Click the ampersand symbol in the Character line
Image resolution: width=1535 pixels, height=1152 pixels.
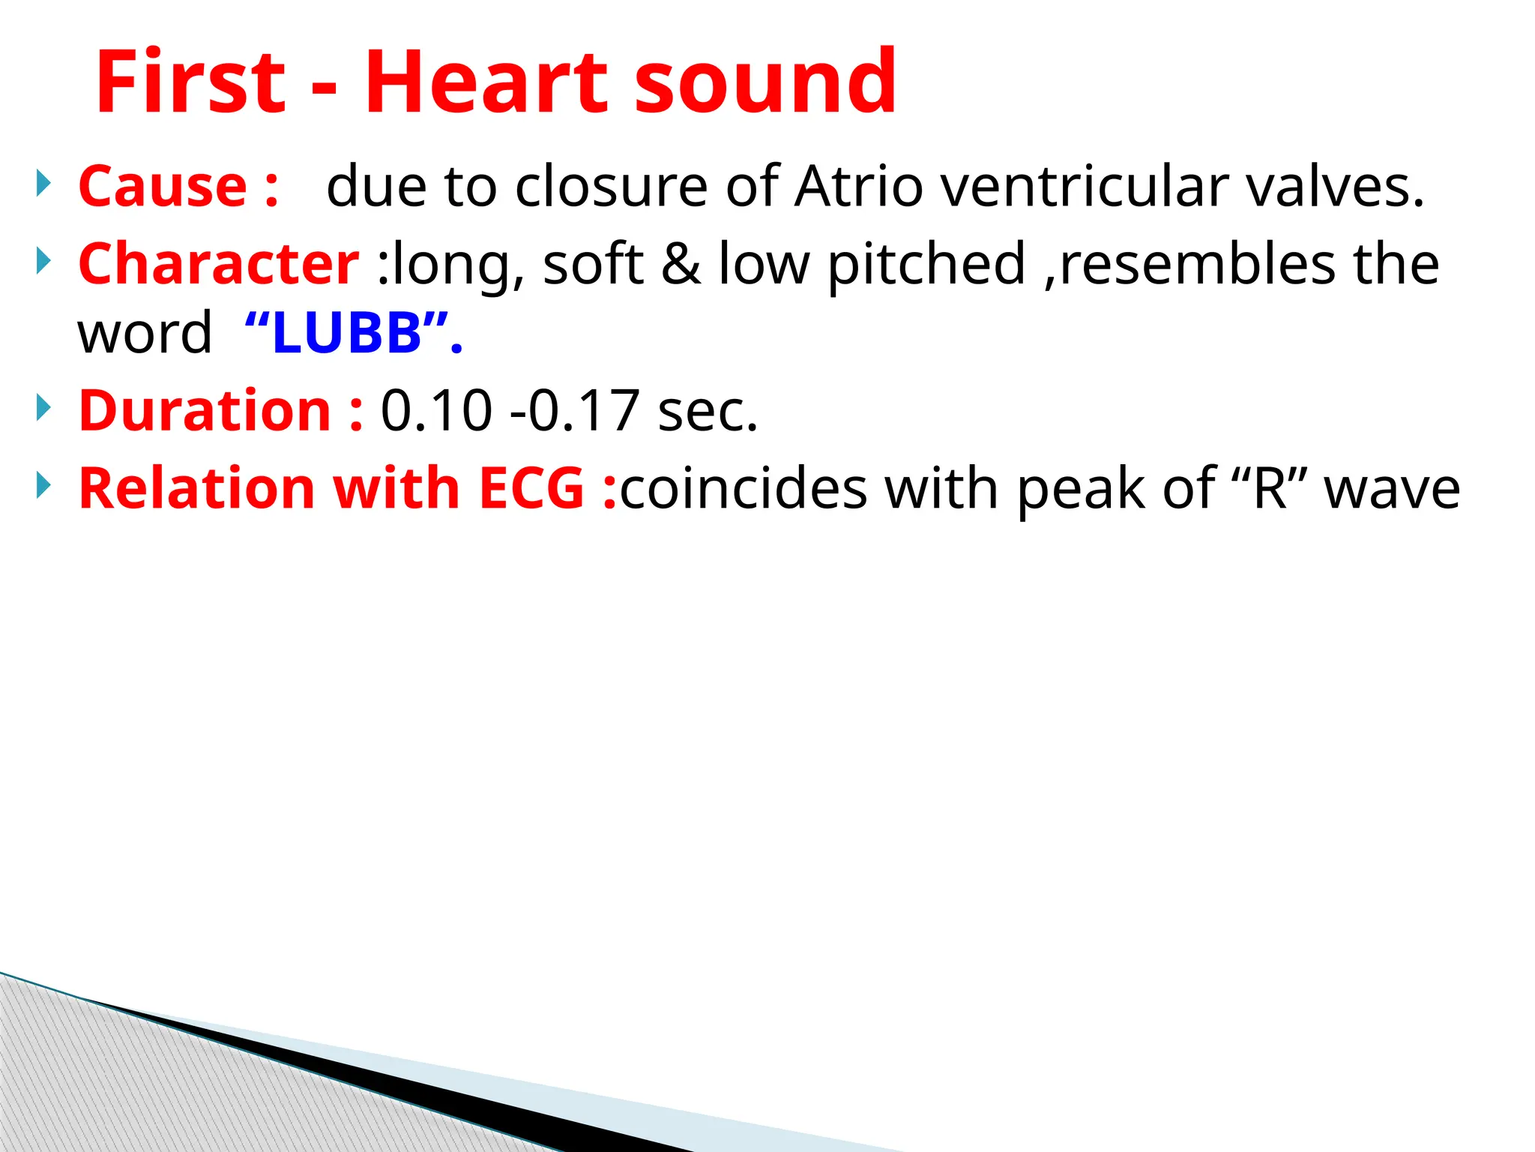tap(681, 264)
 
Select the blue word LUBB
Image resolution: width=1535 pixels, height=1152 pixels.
tap(348, 333)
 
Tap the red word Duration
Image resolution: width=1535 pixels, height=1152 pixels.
tap(205, 411)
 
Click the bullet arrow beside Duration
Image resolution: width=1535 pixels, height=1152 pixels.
tap(44, 409)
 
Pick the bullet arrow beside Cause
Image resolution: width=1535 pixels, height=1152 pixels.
tap(44, 183)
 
